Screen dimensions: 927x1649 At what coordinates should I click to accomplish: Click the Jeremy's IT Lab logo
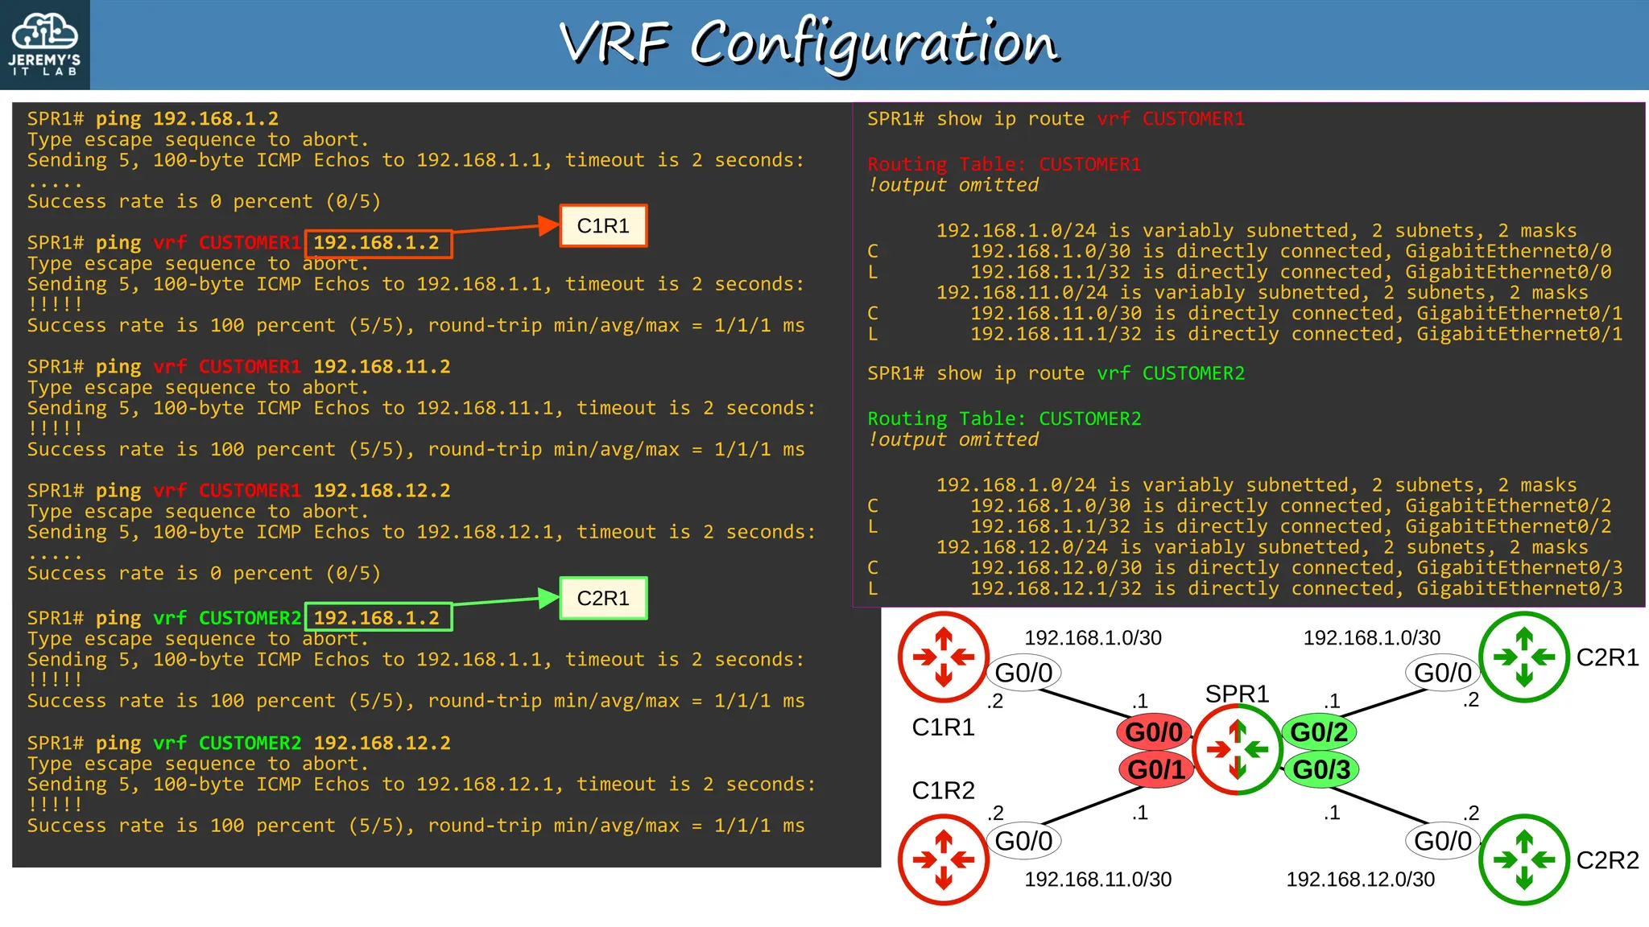pyautogui.click(x=45, y=44)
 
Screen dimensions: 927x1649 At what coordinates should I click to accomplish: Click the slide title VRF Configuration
pyautogui.click(x=809, y=43)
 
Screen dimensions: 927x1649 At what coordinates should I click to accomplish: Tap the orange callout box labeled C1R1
pyautogui.click(x=603, y=226)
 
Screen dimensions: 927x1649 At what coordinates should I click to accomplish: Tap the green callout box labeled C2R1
pyautogui.click(x=603, y=599)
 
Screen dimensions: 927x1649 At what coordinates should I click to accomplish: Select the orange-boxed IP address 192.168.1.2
pyautogui.click(x=377, y=243)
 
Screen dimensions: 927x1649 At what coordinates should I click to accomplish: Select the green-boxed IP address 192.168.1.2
pyautogui.click(x=377, y=618)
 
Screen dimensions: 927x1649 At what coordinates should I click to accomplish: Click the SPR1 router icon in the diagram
pyautogui.click(x=1237, y=750)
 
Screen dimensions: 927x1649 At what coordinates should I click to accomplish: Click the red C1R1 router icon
pyautogui.click(x=943, y=657)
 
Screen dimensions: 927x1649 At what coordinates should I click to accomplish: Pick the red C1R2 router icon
pyautogui.click(x=943, y=859)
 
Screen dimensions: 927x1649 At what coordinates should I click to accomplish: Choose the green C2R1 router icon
pyautogui.click(x=1523, y=657)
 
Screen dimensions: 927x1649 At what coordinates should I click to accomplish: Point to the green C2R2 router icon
pyautogui.click(x=1523, y=859)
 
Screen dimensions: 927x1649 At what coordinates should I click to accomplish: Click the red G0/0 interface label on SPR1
pyautogui.click(x=1154, y=732)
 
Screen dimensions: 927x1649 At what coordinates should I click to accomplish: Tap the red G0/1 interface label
pyautogui.click(x=1155, y=769)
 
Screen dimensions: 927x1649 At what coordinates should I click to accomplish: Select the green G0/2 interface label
pyautogui.click(x=1319, y=732)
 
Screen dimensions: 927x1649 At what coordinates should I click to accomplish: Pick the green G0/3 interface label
pyautogui.click(x=1321, y=769)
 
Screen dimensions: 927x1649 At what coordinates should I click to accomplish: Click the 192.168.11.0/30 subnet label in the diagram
pyautogui.click(x=1097, y=880)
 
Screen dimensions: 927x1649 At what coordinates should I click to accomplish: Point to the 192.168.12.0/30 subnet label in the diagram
pyautogui.click(x=1360, y=880)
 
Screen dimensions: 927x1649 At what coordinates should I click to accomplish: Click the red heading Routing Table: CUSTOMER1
pyautogui.click(x=1004, y=165)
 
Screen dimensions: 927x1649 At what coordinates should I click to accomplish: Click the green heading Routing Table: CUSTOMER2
pyautogui.click(x=1004, y=419)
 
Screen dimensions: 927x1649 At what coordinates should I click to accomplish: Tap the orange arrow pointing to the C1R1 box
pyautogui.click(x=506, y=229)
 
